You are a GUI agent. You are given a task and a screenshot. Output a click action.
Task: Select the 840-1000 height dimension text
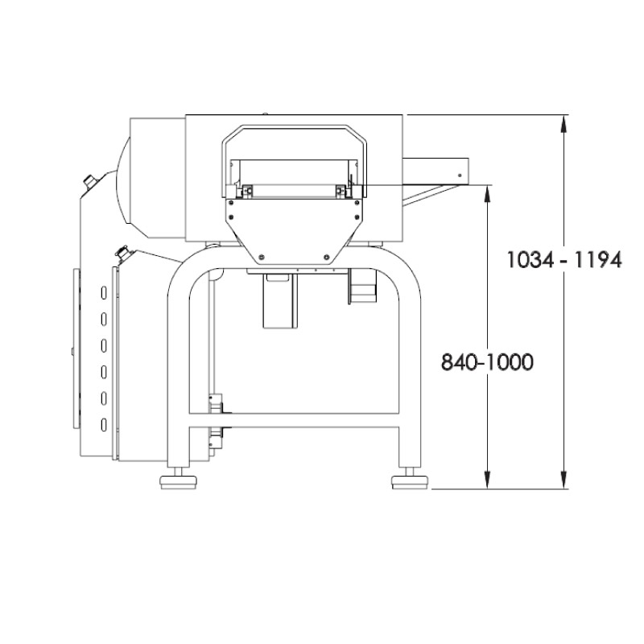pos(487,363)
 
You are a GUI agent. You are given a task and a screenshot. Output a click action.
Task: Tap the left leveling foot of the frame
pos(181,482)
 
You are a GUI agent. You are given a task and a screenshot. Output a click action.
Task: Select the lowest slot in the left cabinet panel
pos(103,424)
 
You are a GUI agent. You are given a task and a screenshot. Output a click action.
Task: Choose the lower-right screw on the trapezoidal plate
pos(326,258)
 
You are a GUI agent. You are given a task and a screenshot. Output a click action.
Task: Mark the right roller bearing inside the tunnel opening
pos(342,190)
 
